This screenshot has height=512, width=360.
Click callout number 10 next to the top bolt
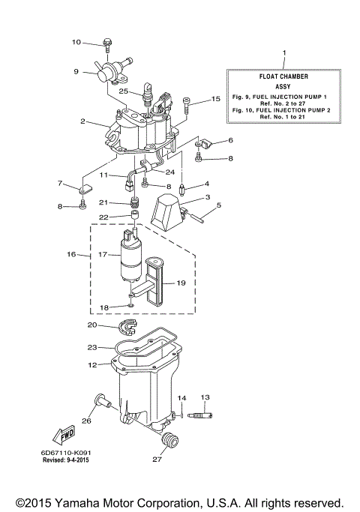[x=76, y=42]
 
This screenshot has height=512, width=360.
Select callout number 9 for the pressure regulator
[x=76, y=72]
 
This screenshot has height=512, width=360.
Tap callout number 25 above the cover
[x=124, y=91]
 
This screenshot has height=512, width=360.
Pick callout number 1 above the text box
[x=283, y=53]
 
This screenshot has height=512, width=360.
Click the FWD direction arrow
[x=62, y=435]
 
